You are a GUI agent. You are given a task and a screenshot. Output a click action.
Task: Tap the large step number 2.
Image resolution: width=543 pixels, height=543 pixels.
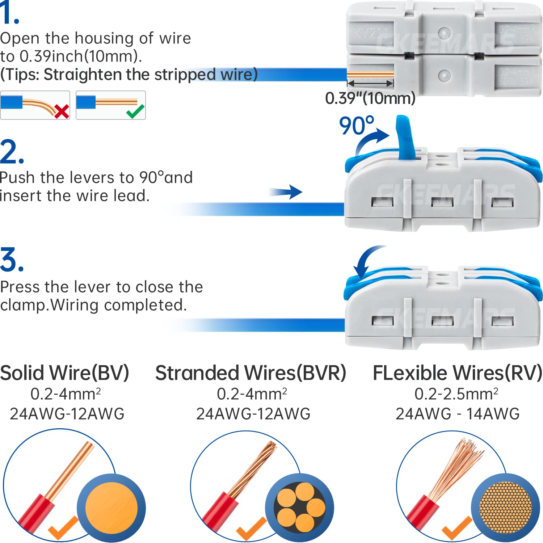point(12,152)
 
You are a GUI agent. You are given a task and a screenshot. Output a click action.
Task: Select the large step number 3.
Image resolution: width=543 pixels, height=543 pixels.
point(12,260)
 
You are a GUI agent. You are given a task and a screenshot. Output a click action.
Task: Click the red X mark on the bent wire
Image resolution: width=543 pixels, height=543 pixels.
point(62,111)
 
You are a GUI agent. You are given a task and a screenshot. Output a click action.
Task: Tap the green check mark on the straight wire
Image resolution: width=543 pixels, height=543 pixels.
point(135,111)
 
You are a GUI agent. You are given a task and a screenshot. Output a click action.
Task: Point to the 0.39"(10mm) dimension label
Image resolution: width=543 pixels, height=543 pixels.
point(370,98)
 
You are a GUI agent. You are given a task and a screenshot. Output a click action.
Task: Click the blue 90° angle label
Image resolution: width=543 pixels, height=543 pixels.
point(356,126)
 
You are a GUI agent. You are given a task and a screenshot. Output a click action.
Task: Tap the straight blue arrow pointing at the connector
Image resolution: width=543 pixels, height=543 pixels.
point(286,192)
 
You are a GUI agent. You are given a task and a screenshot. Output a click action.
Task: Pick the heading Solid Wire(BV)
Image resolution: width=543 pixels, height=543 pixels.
point(64,373)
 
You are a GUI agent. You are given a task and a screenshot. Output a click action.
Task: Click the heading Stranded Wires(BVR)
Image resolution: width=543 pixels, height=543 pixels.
point(251,373)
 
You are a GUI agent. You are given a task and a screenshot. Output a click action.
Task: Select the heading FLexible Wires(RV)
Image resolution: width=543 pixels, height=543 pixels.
point(458,373)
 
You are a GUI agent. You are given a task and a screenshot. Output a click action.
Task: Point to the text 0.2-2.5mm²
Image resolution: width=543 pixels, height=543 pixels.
point(456,394)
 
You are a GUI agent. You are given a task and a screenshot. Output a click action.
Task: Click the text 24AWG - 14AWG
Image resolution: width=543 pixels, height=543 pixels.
point(458,414)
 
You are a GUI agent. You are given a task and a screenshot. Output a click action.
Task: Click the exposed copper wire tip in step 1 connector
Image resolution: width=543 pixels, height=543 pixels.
point(370,75)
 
